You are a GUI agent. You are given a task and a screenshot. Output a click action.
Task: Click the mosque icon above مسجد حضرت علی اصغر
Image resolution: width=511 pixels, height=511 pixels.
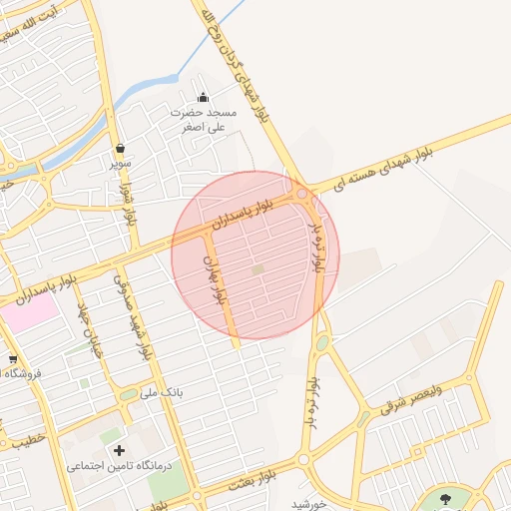click(204, 98)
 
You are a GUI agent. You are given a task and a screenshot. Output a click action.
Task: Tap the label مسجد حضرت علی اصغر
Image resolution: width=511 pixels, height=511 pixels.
click(205, 120)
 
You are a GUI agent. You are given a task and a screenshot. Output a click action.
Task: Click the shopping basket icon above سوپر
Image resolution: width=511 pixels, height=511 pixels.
click(121, 149)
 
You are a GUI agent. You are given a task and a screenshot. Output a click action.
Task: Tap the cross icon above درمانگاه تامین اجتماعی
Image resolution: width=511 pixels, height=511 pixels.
click(121, 451)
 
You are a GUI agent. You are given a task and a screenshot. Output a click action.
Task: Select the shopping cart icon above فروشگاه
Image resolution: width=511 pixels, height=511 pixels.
click(12, 359)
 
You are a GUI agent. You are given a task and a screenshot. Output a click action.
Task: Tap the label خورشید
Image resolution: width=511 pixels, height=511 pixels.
click(310, 504)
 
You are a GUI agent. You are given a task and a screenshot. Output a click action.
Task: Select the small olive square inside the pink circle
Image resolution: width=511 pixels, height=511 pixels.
click(257, 269)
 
